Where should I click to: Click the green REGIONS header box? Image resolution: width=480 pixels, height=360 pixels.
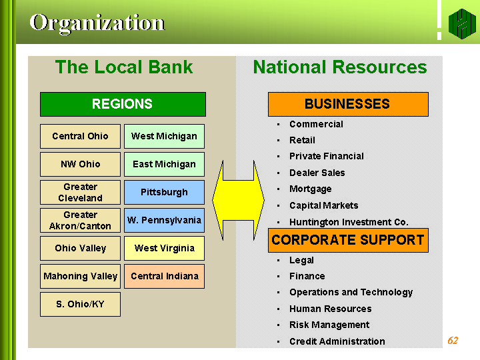123,104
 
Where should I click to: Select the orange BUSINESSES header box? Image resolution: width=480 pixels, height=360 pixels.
348,104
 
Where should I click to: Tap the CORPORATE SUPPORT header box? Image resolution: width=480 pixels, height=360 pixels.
348,240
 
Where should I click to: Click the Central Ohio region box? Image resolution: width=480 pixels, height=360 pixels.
80,136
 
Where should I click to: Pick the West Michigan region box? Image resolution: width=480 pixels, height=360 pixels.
165,136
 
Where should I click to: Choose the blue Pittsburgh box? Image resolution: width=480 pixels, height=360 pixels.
165,192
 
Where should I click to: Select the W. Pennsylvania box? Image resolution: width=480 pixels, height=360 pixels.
165,221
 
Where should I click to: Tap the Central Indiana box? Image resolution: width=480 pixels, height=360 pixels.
165,277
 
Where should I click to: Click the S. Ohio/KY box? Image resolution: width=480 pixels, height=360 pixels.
80,304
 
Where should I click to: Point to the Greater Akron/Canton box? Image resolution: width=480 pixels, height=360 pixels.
80,221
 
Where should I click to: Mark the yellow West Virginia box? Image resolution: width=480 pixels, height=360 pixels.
165,248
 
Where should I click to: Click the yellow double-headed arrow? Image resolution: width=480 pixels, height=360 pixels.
238,200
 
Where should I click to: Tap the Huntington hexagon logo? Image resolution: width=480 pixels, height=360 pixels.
462,24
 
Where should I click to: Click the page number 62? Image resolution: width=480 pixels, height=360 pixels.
453,341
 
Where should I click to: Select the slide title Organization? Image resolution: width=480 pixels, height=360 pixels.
97,23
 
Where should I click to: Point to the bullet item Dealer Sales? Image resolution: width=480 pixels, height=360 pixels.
317,173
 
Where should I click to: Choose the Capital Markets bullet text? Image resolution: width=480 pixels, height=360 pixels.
324,205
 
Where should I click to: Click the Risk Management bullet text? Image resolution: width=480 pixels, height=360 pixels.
329,325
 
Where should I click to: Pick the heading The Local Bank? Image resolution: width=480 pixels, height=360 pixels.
124,67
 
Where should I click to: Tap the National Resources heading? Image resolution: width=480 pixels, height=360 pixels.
340,67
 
